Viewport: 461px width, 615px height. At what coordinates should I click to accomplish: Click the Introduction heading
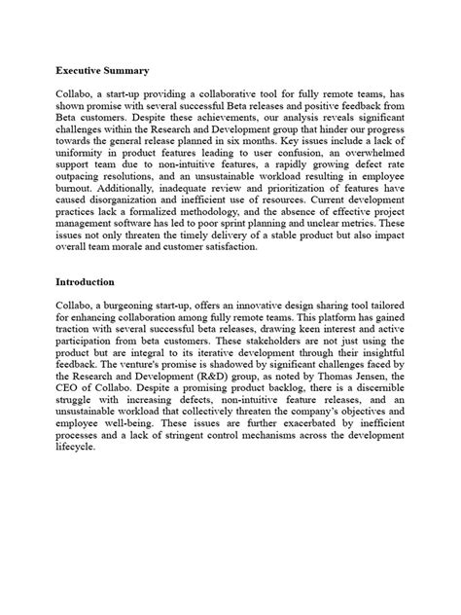tap(87, 282)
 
